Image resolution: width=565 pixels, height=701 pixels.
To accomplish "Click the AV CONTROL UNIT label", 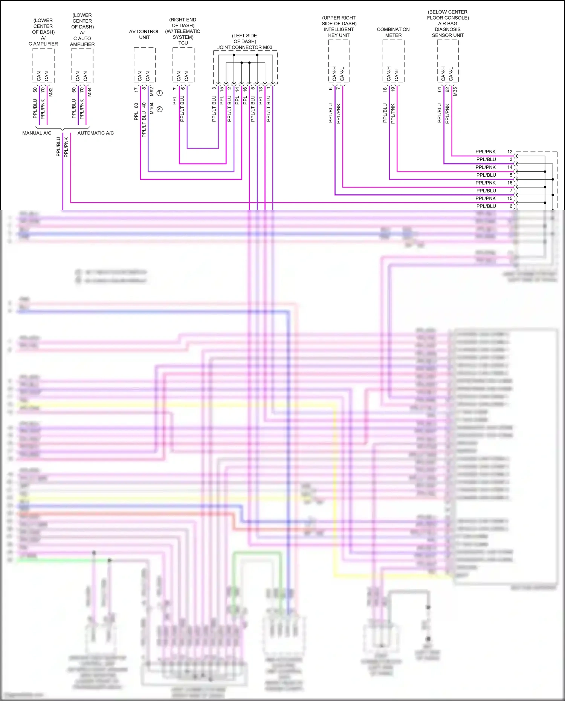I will click(144, 34).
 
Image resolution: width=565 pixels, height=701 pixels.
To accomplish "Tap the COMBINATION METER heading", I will click(393, 32).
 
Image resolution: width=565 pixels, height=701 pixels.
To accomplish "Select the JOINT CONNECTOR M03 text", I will click(244, 47).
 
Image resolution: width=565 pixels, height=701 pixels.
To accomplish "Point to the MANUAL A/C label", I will click(37, 133).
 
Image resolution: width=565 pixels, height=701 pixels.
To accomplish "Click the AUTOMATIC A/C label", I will click(96, 133).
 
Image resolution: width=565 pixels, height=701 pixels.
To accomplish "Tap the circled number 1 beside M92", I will click(160, 93).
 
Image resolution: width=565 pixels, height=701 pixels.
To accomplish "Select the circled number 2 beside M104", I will click(160, 109).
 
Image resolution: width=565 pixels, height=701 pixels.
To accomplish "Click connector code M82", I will click(51, 92).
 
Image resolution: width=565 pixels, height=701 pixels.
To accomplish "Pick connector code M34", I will click(90, 92).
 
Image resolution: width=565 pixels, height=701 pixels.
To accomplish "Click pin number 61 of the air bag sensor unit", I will click(439, 90).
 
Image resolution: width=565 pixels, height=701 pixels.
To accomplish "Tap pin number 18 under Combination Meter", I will click(385, 90).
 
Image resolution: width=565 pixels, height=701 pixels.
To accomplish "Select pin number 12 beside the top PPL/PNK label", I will click(510, 152).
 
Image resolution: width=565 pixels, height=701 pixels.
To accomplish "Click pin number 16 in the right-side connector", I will click(510, 183).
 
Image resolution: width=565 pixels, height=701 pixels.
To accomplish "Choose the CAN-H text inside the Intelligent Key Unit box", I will click(334, 73).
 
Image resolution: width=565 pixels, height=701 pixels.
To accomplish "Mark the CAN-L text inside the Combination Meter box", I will click(397, 74).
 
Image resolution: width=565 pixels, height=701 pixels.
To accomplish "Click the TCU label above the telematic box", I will click(183, 43).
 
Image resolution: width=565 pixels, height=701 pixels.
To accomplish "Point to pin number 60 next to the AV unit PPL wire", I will click(136, 105).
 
